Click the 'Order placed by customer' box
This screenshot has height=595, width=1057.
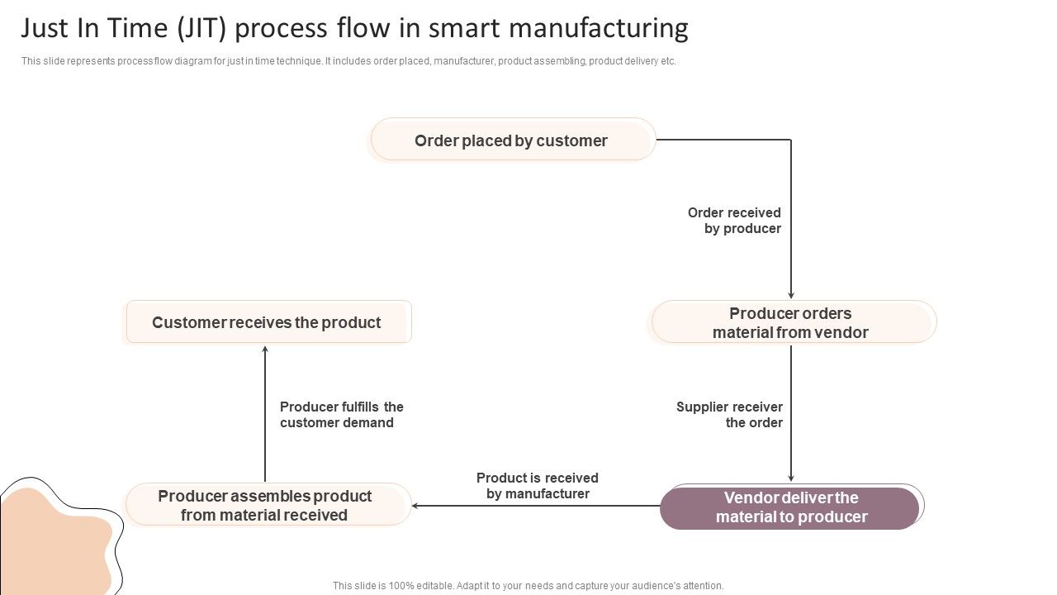pos(513,140)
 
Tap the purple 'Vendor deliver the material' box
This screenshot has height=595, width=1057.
pos(790,507)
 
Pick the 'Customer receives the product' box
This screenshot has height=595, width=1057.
pos(268,322)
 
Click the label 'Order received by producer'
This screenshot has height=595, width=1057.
pos(735,221)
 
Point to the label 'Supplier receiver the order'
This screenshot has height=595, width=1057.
pos(730,415)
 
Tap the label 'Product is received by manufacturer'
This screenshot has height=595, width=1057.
pos(538,486)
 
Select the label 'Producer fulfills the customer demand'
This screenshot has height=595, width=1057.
pos(341,415)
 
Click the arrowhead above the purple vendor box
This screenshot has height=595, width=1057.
pos(791,478)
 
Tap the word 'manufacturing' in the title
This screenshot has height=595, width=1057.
pos(598,29)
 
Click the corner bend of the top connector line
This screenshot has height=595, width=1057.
pos(791,140)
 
